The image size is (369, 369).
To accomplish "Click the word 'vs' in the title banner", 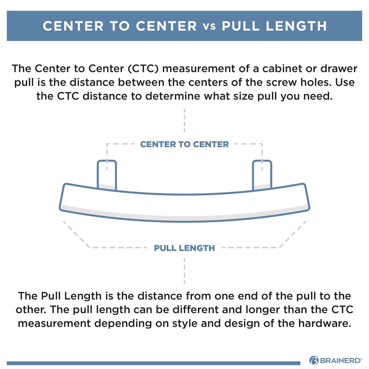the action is point(209,26).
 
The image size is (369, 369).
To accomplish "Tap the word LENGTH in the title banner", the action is point(296,26).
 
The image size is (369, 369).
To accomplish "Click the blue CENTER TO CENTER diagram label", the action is point(184,144).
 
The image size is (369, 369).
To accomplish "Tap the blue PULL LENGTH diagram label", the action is point(184,248).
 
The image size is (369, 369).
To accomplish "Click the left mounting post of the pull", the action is point(107,175).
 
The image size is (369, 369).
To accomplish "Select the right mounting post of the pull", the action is point(262,175).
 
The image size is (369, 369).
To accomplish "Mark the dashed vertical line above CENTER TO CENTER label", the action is point(184,120).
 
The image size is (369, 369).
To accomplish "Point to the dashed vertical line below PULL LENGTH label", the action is point(184,271).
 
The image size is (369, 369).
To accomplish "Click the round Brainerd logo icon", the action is point(314,360).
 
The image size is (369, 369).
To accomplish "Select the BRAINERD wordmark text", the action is point(341,361).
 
